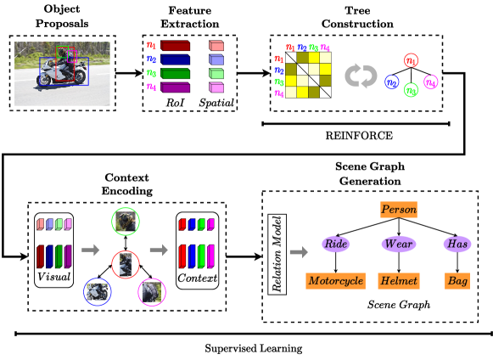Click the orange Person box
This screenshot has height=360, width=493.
click(399, 209)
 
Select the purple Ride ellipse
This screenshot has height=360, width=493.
click(336, 244)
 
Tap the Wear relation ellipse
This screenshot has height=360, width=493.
click(398, 244)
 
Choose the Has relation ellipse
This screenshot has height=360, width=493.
click(457, 244)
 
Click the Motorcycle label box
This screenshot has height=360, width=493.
click(335, 280)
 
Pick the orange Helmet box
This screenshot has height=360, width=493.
click(398, 280)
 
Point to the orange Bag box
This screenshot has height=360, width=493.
click(457, 280)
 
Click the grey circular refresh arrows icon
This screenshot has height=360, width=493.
click(361, 76)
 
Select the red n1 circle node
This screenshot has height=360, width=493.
click(411, 60)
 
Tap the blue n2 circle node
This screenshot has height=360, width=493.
click(392, 82)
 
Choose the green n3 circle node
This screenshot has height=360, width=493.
click(411, 90)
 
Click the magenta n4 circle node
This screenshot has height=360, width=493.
click(431, 82)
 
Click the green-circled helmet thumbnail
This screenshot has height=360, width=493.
click(126, 222)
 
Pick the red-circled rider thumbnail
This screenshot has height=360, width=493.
click(126, 264)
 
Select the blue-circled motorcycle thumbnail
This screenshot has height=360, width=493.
click(98, 292)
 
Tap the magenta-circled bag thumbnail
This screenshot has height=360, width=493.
click(152, 292)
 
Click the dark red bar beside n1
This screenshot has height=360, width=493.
click(175, 46)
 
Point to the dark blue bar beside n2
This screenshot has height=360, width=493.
click(175, 59)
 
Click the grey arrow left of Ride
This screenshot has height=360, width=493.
click(299, 252)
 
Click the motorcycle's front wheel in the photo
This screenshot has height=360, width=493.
click(44, 81)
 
